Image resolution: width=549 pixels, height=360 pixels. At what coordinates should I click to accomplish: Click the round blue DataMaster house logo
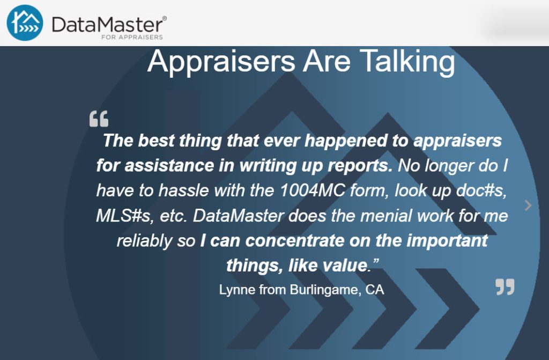coord(25,23)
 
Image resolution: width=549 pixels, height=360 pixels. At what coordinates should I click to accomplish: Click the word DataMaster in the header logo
coord(107,25)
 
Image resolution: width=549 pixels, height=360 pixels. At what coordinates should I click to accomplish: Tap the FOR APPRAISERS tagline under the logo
coord(132,37)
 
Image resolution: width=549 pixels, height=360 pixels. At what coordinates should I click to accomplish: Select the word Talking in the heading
coord(407,62)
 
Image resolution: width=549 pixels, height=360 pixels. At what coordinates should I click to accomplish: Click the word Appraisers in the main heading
coord(221,62)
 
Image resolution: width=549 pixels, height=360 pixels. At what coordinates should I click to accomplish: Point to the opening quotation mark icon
coord(99,119)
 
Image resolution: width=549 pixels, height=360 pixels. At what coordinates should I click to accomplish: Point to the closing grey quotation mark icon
coord(505,286)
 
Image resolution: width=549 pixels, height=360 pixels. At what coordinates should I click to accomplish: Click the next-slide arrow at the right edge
coord(528,205)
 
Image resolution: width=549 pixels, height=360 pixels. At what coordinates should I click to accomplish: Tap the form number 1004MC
coord(313,190)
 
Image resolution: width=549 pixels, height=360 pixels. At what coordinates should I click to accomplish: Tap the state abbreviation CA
coord(375,290)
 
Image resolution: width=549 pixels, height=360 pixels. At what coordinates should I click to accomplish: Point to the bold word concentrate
coord(295,241)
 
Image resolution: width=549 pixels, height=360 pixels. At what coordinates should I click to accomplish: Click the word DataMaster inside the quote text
coord(238,216)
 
